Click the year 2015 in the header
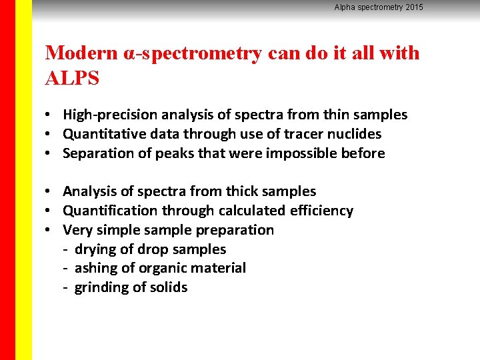(x=413, y=7)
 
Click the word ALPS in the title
(x=72, y=78)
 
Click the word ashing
(x=95, y=268)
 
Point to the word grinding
(x=100, y=287)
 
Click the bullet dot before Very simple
(x=50, y=230)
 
